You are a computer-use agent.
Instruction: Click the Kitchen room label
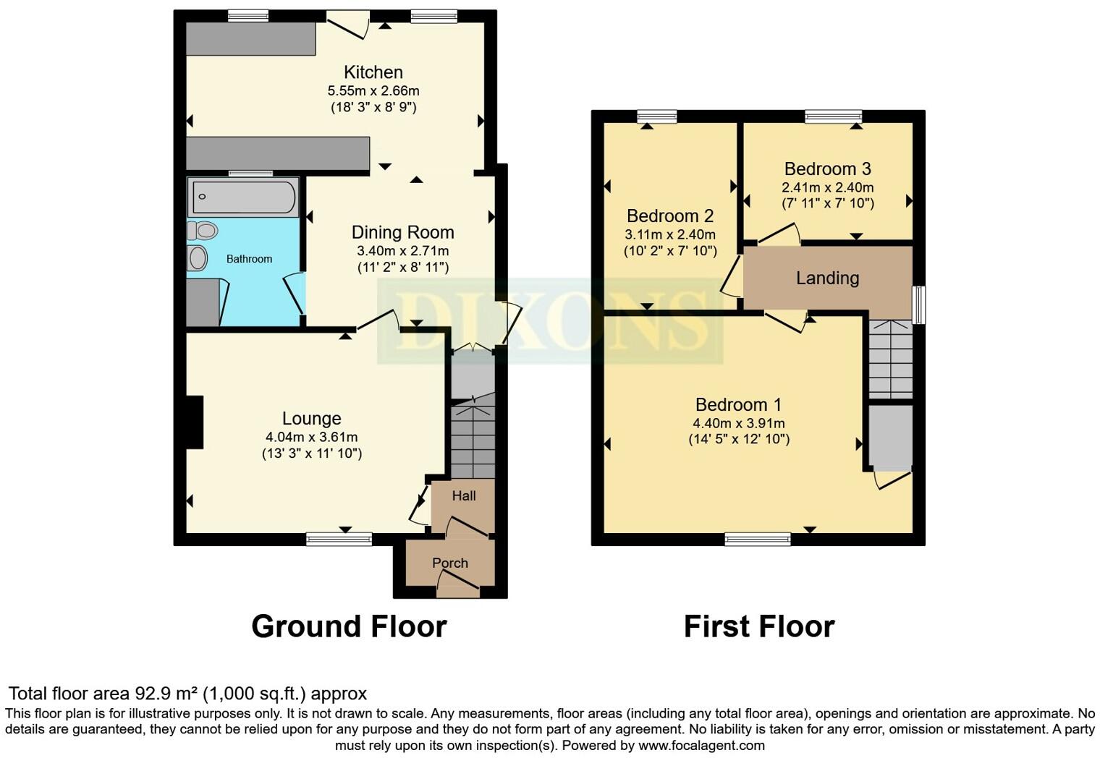[x=373, y=72]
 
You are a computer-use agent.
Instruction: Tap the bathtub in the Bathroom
[x=243, y=196]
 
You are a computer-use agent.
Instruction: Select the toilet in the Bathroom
[x=203, y=231]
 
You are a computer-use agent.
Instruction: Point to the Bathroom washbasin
[x=197, y=257]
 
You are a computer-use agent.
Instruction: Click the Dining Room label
[x=402, y=232]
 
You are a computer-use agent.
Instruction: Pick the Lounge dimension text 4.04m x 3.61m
[x=311, y=437]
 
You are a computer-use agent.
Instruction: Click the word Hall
[x=464, y=495]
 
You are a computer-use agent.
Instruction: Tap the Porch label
[x=450, y=563]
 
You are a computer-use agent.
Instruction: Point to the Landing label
[x=827, y=278]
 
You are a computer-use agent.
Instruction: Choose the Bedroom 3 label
[x=827, y=169]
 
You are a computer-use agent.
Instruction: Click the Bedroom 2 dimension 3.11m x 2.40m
[x=669, y=234]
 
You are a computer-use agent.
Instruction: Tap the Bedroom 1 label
[x=738, y=404]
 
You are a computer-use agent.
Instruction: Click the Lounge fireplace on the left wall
[x=195, y=422]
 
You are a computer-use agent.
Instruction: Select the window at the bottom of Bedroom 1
[x=758, y=538]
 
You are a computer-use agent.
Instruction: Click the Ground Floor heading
[x=349, y=626]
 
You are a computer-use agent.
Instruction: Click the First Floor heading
[x=758, y=626]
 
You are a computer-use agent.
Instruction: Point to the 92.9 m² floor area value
[x=166, y=694]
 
